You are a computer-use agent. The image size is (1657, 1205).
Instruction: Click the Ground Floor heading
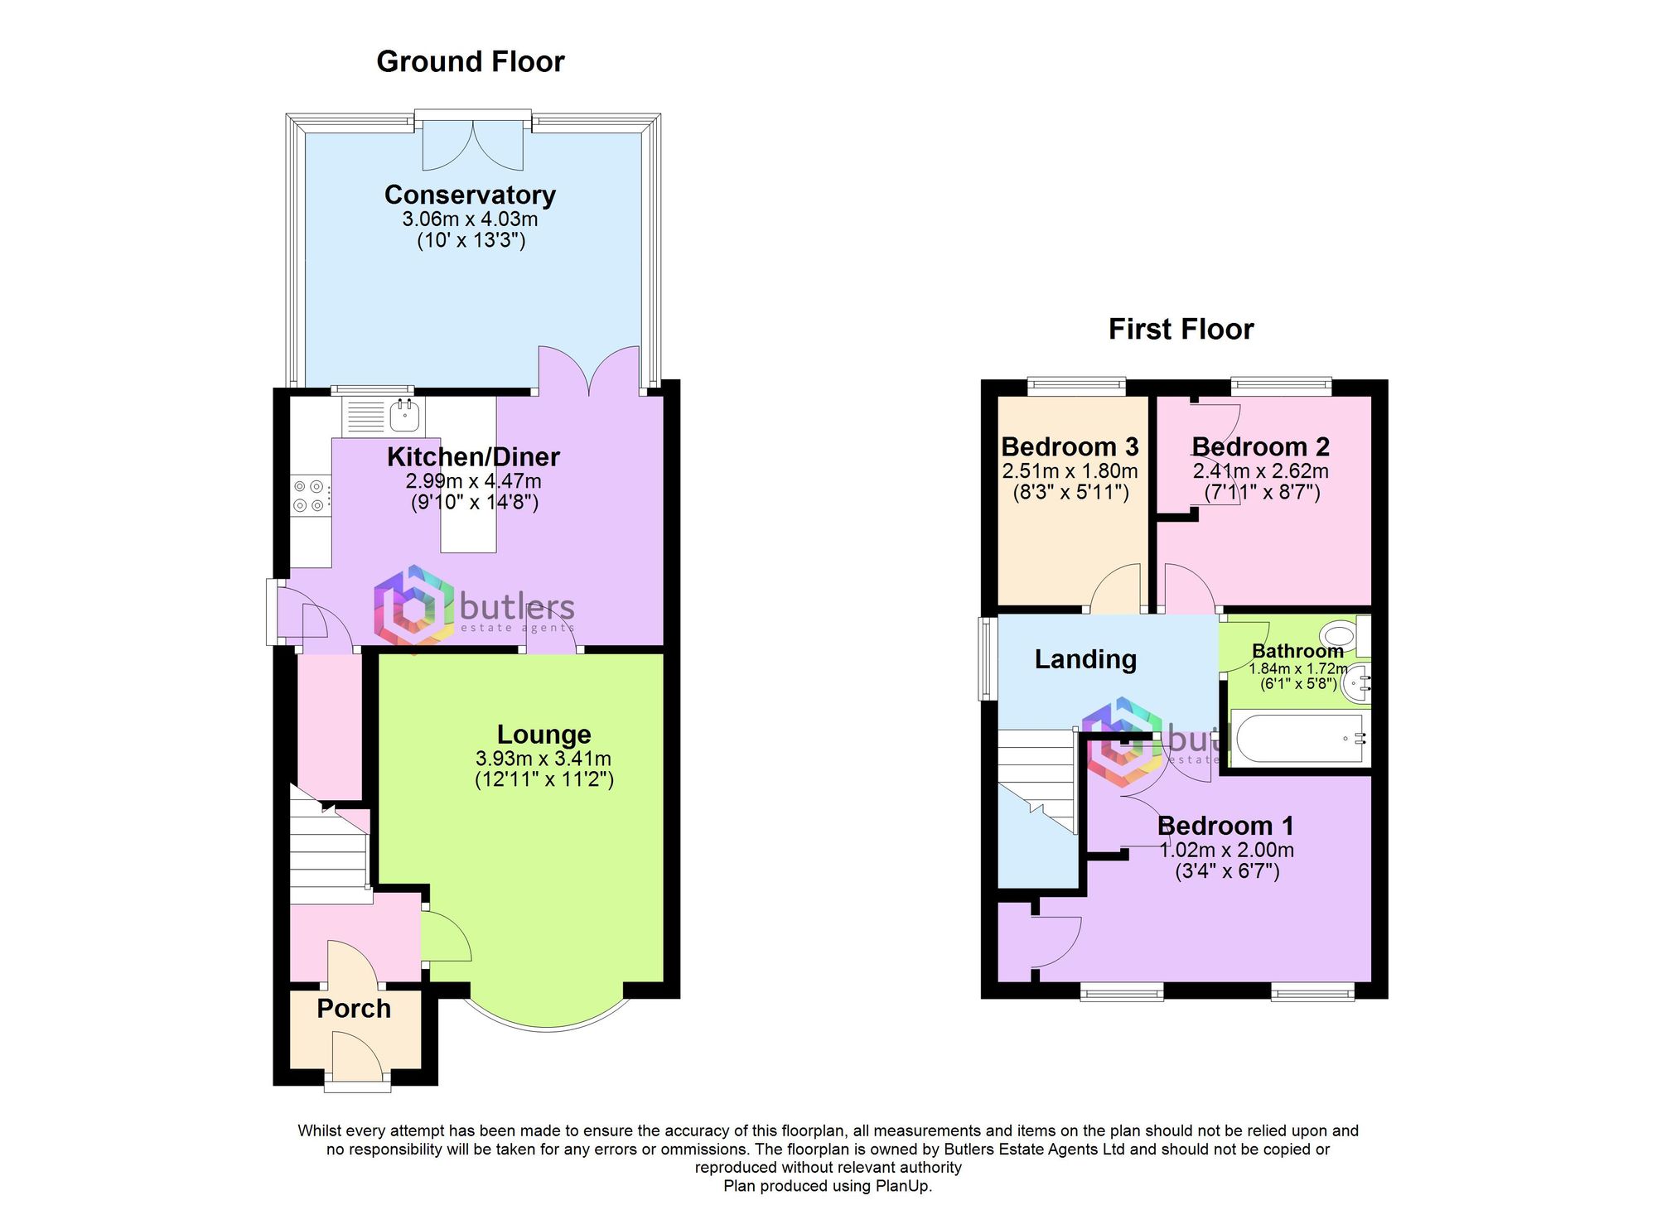tap(470, 62)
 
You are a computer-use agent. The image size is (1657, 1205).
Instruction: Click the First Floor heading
tap(1181, 330)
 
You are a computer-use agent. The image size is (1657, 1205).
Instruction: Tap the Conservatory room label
tap(470, 195)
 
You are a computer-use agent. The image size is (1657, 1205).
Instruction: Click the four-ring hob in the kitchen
tap(308, 496)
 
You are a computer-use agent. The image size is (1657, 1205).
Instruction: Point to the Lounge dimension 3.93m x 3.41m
tap(543, 759)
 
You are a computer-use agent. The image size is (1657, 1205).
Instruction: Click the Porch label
tap(354, 1009)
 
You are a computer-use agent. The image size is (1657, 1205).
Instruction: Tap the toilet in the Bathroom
tap(1338, 636)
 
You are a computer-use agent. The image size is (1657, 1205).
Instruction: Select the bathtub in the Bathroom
tap(1298, 737)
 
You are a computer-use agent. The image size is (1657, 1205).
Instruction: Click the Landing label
tap(1085, 659)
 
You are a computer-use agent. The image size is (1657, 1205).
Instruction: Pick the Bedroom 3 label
tap(1070, 447)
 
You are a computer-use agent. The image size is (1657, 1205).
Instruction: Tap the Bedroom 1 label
tap(1225, 826)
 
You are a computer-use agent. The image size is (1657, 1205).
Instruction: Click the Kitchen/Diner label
tap(473, 457)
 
